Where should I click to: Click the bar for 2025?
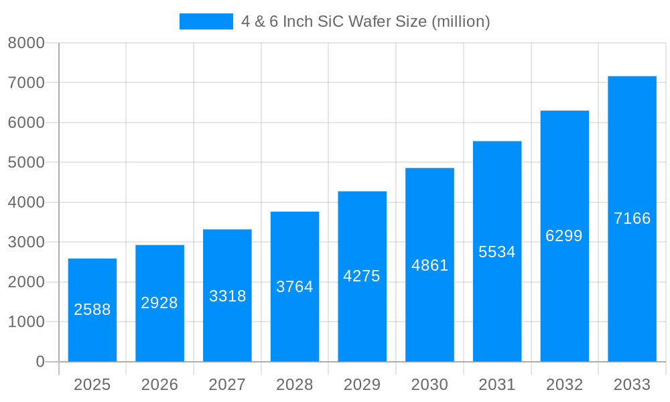click(x=92, y=310)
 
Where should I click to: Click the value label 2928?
click(x=159, y=303)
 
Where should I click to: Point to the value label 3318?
click(x=228, y=296)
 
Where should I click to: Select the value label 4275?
click(x=362, y=276)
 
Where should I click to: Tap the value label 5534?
click(x=497, y=252)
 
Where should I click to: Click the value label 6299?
click(x=564, y=236)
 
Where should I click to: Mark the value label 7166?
click(x=632, y=218)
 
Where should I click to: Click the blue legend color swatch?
click(x=206, y=21)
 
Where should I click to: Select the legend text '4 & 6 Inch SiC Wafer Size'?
click(x=366, y=21)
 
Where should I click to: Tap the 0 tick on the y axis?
click(x=40, y=362)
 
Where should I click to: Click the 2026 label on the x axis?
click(x=159, y=385)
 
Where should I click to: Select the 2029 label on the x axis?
click(x=362, y=385)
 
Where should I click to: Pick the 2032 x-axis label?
click(x=564, y=385)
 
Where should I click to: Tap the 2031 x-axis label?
click(x=497, y=385)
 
